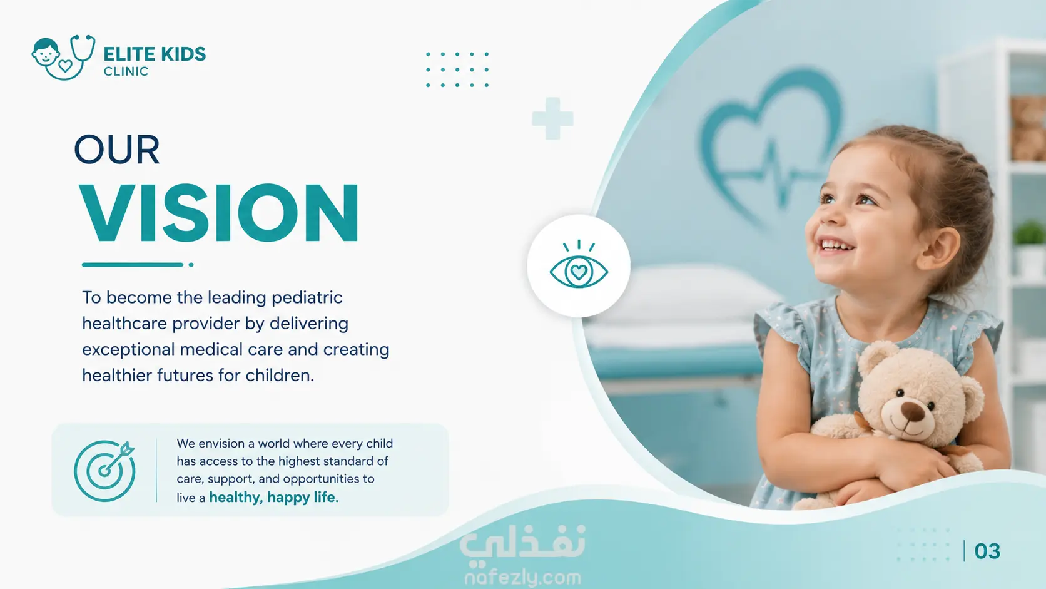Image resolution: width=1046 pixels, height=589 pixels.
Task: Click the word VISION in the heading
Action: (x=219, y=213)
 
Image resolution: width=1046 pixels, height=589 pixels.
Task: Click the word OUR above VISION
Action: (x=117, y=150)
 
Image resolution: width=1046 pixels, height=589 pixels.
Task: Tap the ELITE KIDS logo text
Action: (x=155, y=54)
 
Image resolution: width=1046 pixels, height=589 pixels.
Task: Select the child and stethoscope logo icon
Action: (x=64, y=57)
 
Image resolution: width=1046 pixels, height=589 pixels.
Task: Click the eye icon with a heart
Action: (x=579, y=265)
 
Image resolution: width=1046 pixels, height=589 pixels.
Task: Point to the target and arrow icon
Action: (x=104, y=470)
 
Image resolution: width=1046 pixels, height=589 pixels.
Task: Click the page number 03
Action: (x=987, y=551)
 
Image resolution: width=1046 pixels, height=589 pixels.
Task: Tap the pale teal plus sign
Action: (x=553, y=118)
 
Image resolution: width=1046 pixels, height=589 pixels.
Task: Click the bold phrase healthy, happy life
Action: (x=273, y=498)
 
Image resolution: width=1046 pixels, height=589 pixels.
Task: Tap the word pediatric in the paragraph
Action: (x=307, y=298)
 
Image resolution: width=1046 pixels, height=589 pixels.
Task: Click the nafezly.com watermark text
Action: (x=522, y=578)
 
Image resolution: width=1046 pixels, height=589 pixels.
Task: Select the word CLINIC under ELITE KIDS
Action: (x=126, y=71)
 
